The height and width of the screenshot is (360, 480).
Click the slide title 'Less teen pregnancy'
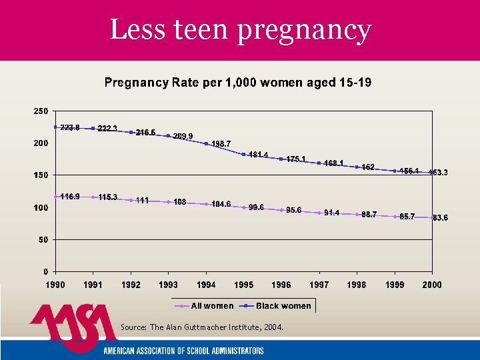click(x=240, y=30)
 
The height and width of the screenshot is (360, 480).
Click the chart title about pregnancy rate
click(x=238, y=83)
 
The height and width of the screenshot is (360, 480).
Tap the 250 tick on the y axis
click(x=41, y=111)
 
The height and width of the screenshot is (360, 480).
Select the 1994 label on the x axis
click(x=206, y=285)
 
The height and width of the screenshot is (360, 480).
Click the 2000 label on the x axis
click(x=432, y=285)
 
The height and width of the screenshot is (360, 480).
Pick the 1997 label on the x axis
click(x=319, y=285)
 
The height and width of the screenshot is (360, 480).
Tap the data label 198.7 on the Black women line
click(x=221, y=144)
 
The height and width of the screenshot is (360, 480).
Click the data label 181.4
click(x=258, y=155)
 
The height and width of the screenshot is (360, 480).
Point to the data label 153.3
click(x=437, y=173)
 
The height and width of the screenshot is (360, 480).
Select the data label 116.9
click(x=70, y=197)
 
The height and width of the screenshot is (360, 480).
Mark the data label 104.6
click(x=220, y=204)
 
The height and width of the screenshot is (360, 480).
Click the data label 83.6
click(x=440, y=217)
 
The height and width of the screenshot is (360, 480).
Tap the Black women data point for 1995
click(x=244, y=155)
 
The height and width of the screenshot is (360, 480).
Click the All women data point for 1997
click(x=319, y=213)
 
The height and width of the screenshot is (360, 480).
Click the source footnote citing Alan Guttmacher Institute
click(x=202, y=327)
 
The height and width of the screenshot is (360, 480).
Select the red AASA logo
click(x=73, y=327)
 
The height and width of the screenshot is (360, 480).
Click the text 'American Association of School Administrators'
click(x=183, y=351)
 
